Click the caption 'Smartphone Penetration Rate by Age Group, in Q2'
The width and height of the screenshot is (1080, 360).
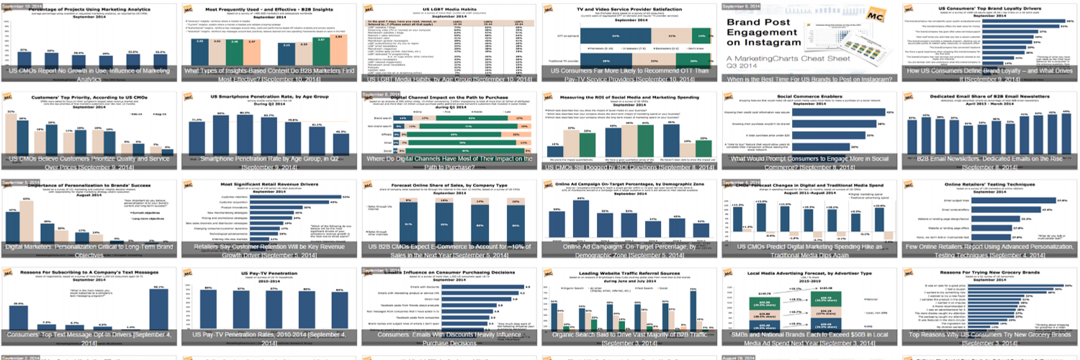tap(270, 161)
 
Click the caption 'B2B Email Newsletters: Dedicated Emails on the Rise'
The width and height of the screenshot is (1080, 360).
tap(989, 161)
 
